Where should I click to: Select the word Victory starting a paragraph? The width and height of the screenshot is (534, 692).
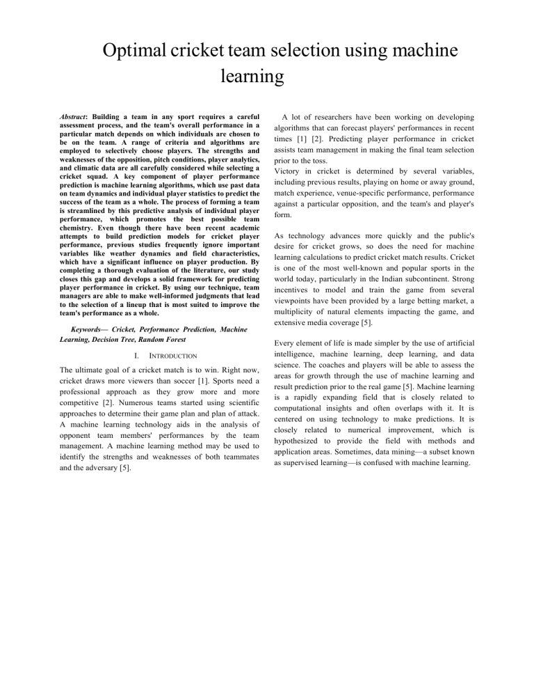pyautogui.click(x=287, y=171)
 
